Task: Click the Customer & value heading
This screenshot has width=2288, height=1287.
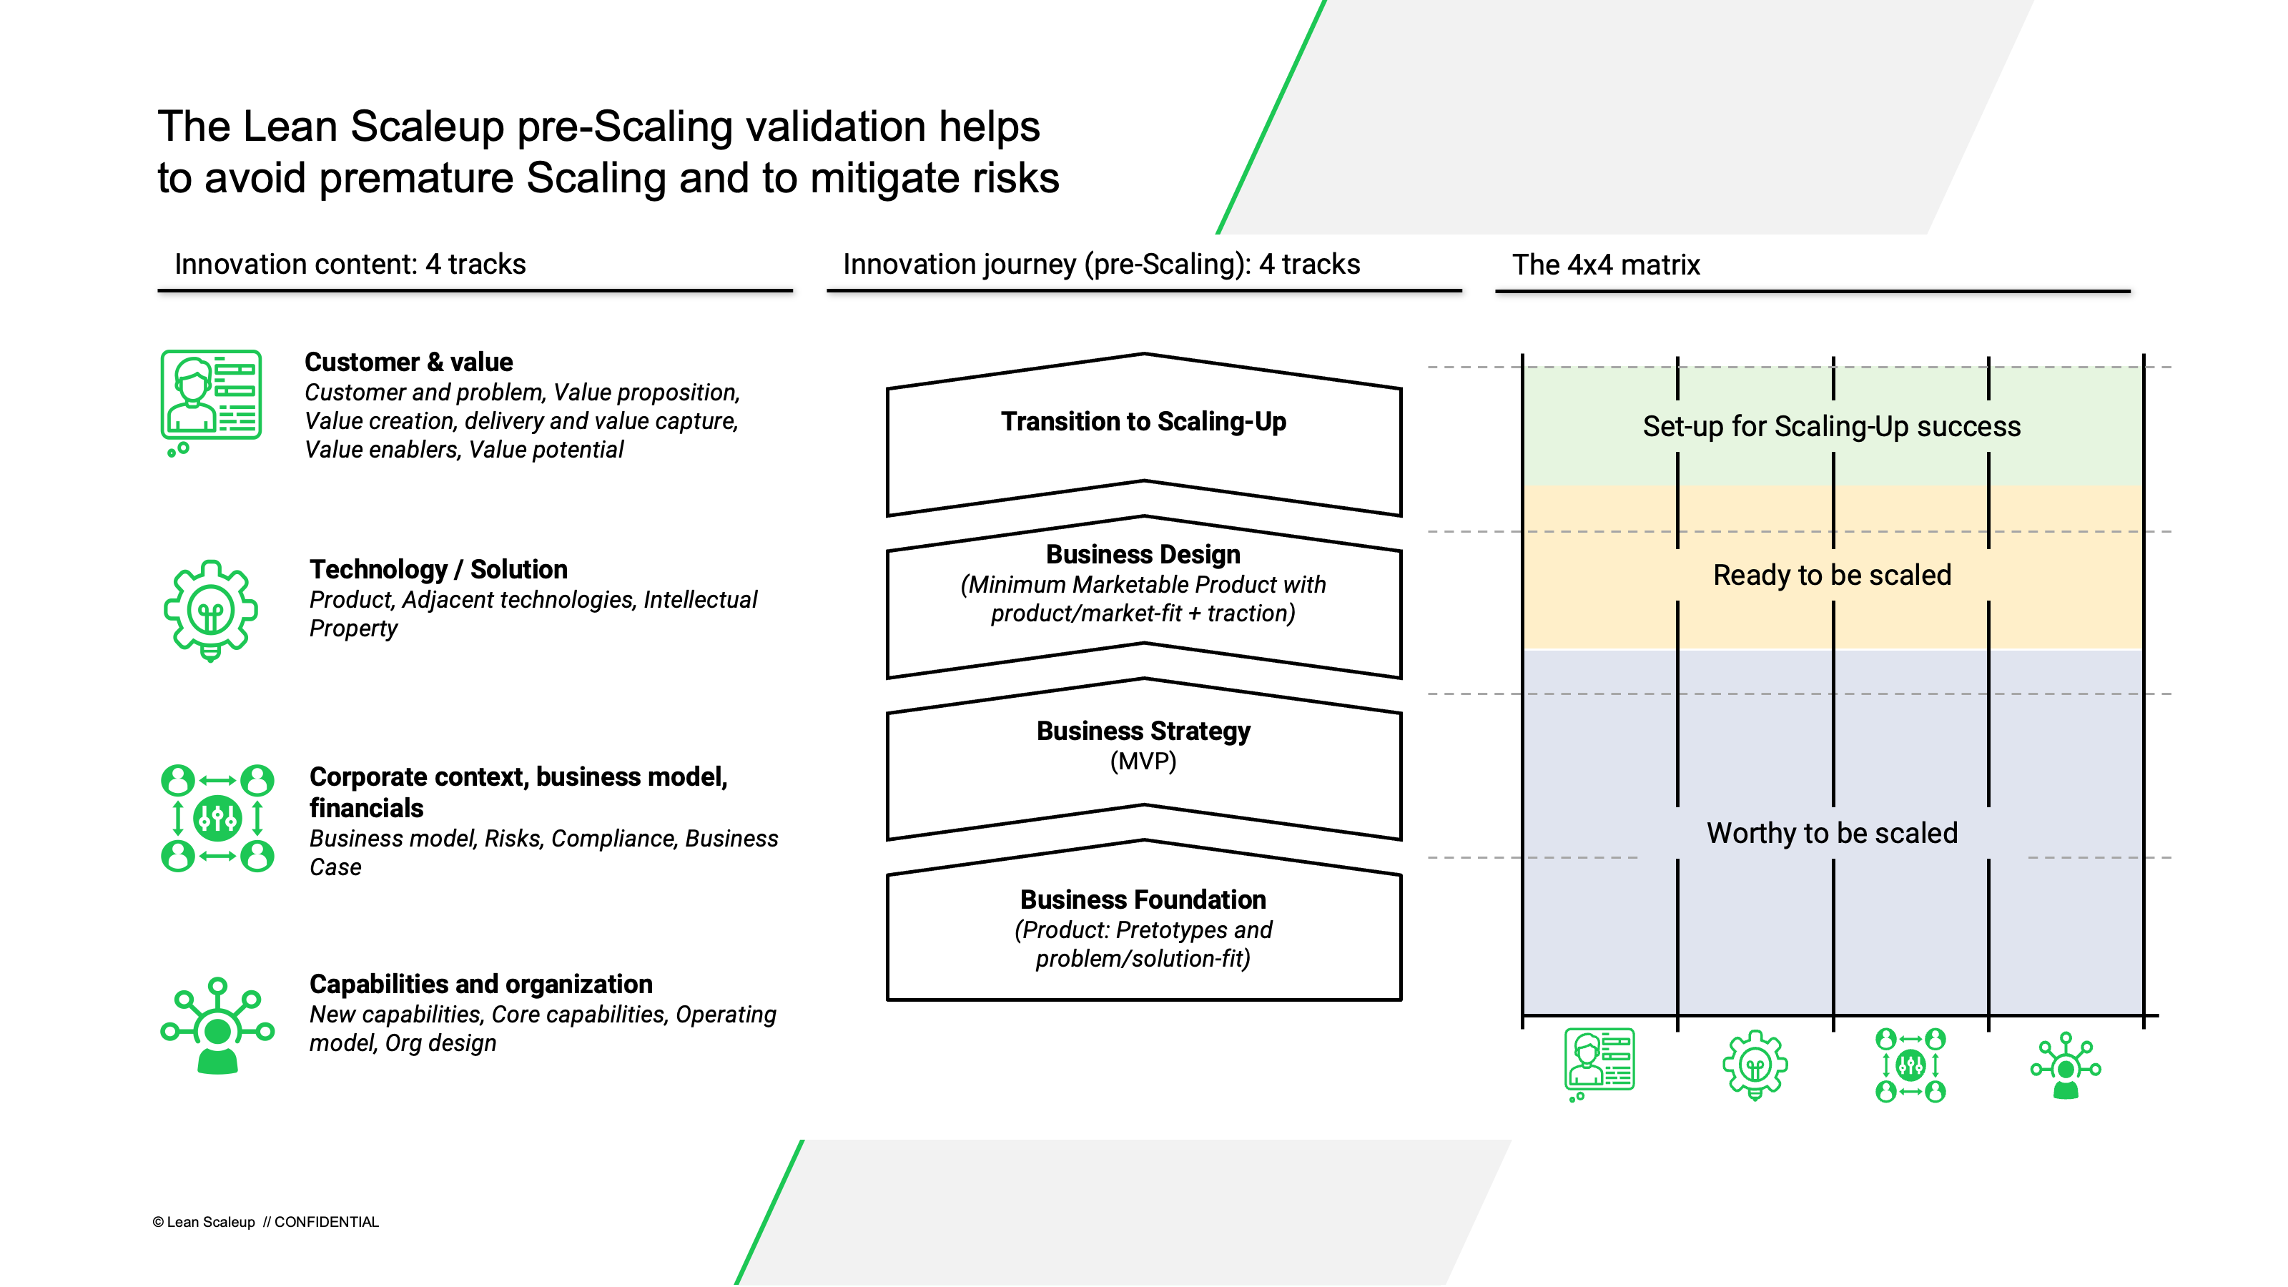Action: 408,363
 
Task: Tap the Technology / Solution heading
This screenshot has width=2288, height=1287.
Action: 438,569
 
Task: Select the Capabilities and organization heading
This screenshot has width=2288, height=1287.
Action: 480,984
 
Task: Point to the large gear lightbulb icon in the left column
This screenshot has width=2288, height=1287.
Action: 210,610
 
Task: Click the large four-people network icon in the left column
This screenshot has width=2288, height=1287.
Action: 217,818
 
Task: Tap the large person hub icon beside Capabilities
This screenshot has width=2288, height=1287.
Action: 217,1026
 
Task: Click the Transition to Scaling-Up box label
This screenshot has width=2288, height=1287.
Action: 1143,422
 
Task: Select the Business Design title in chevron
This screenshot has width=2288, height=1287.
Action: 1143,554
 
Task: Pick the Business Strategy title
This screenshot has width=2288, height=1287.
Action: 1143,731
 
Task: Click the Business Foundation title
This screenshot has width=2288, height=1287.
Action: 1143,899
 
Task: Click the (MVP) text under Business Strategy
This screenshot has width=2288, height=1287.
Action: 1143,762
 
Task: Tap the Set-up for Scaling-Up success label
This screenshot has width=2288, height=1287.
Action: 1831,426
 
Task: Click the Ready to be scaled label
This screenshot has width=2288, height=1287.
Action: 1831,576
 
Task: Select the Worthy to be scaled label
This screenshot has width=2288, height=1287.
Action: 1831,833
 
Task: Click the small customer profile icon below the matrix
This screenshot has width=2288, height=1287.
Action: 1599,1062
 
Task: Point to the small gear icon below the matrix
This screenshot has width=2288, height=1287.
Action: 1754,1064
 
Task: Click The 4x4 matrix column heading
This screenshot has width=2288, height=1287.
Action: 1605,265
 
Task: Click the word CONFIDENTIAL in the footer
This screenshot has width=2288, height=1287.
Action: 326,1222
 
